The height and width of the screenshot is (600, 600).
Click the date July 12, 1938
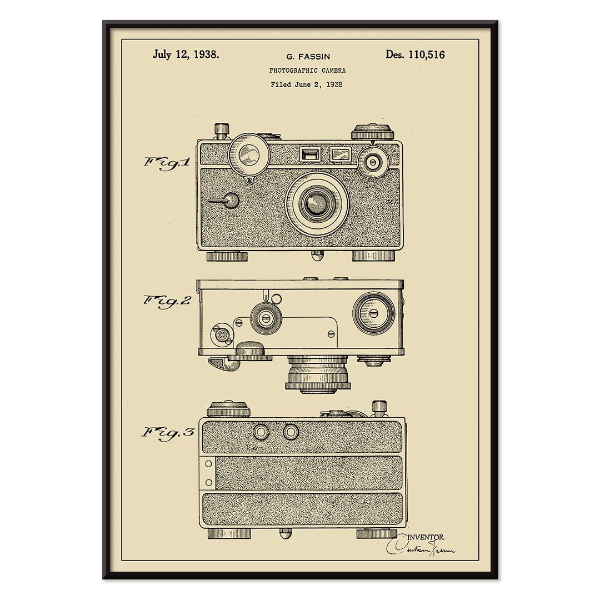pos(186,54)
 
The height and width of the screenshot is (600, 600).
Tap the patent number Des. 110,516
pos(415,54)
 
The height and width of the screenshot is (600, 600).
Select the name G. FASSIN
pos(308,56)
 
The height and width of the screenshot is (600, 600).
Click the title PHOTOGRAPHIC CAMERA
pos(307,71)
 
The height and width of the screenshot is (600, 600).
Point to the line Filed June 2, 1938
pos(306,85)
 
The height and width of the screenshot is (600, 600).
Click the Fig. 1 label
pos(167,163)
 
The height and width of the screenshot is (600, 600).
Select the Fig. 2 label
pos(167,301)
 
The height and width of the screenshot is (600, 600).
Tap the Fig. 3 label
pos(167,432)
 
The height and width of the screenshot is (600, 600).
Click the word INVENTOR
pos(426,537)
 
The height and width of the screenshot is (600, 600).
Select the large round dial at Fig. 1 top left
pos(249,154)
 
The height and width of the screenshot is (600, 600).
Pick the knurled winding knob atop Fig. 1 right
pos(372,132)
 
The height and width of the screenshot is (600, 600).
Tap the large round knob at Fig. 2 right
pos(373,313)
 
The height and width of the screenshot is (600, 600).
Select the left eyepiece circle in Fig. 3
pos(261,432)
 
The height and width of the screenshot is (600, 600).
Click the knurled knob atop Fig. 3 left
pos(228,409)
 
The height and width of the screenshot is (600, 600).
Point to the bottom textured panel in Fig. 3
pos(302,509)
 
